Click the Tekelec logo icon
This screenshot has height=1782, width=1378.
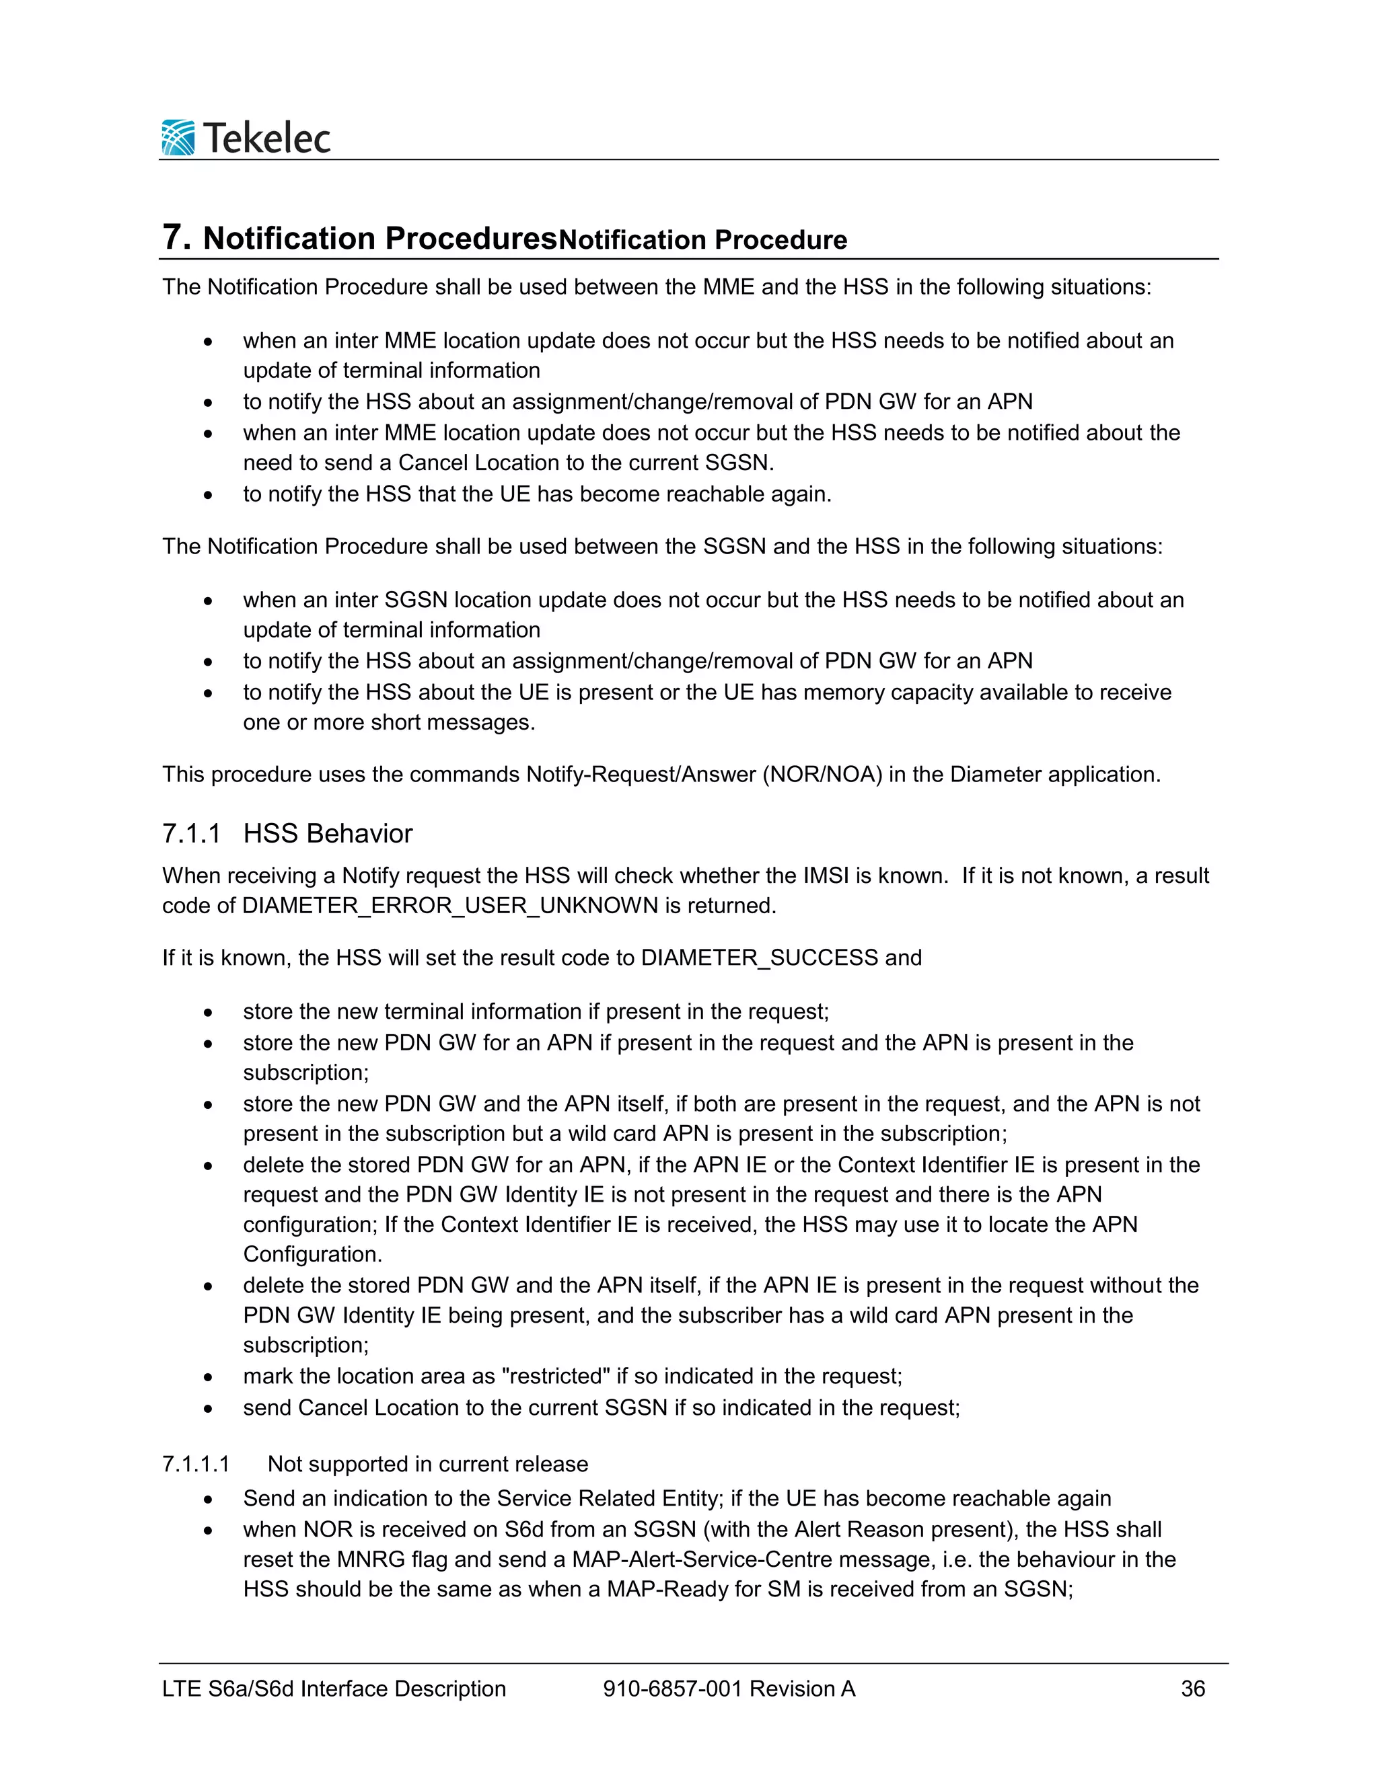click(x=178, y=137)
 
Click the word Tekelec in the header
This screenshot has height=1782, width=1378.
click(x=267, y=138)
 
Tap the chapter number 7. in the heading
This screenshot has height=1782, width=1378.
click(x=176, y=237)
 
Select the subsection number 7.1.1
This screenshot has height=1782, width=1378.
click(x=191, y=834)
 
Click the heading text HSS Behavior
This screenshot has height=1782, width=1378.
click(x=328, y=834)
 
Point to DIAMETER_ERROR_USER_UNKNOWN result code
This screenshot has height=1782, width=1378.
click(x=450, y=906)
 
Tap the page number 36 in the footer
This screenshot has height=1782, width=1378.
click(x=1193, y=1689)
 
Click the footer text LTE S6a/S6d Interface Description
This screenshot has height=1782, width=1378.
click(x=334, y=1689)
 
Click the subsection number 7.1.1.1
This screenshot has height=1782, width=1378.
click(x=196, y=1464)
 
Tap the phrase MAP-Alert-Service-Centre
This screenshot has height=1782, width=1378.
click(x=702, y=1559)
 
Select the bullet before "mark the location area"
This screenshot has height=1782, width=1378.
click(x=209, y=1377)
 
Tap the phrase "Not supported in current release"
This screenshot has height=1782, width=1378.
click(x=428, y=1464)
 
